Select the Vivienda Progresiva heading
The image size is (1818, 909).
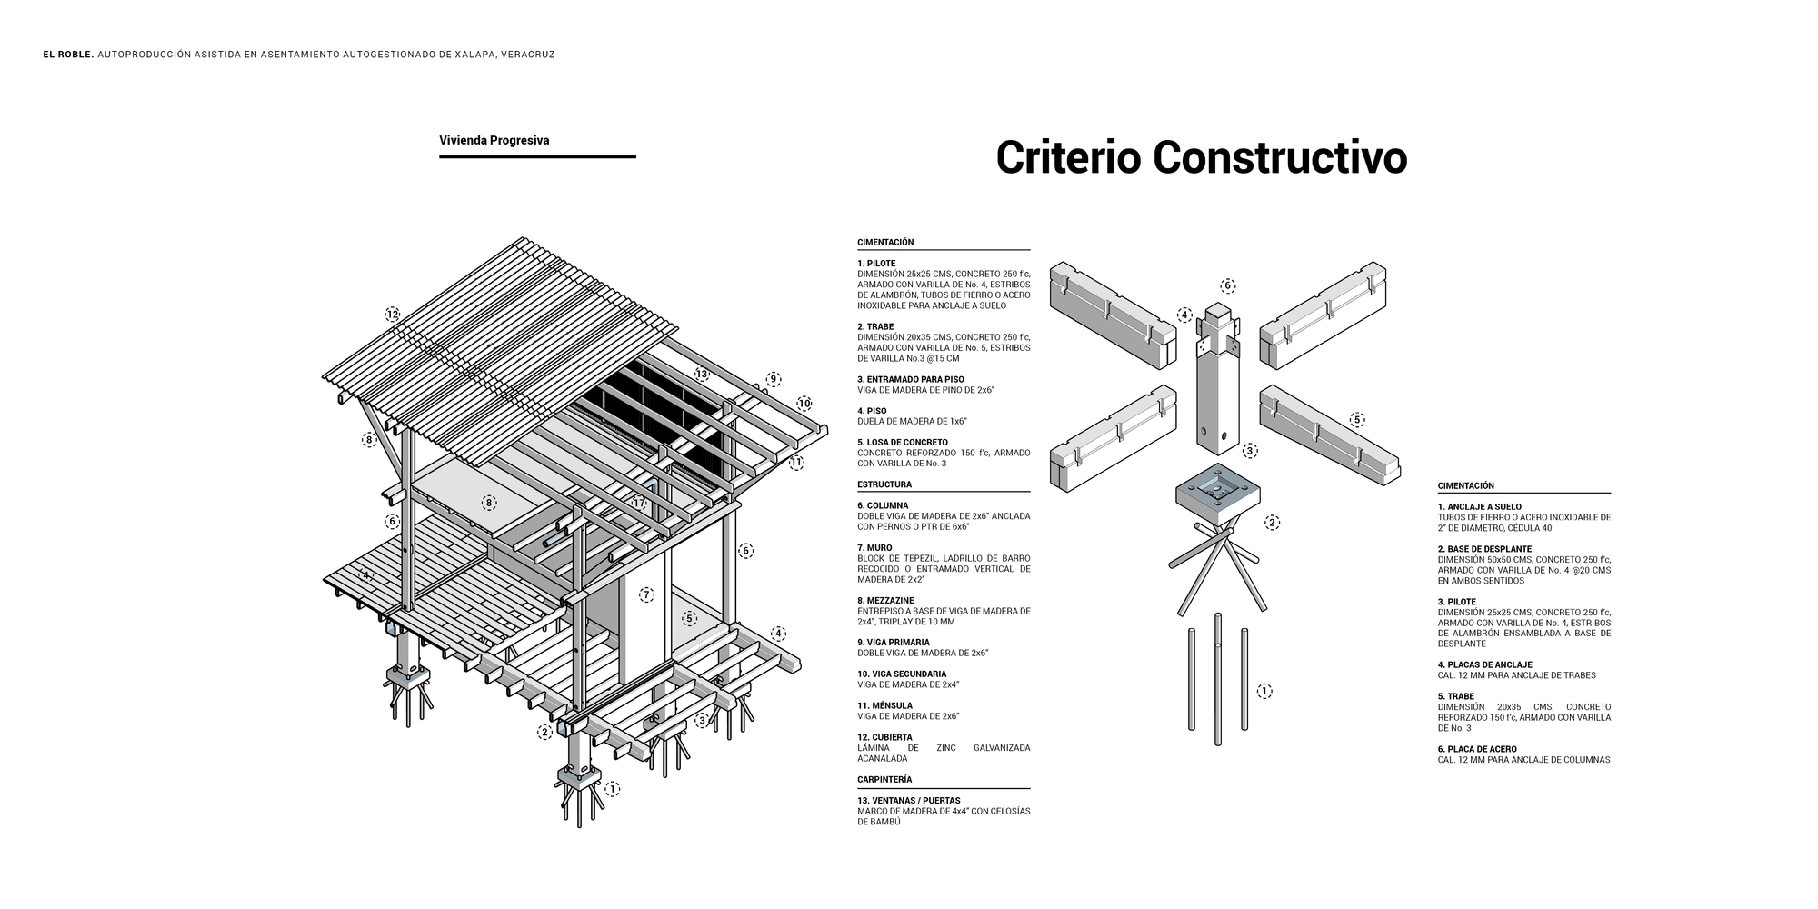coord(494,141)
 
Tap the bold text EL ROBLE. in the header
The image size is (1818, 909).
coord(68,55)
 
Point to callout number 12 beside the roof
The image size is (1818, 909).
coord(392,315)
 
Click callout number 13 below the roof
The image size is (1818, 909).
coord(702,374)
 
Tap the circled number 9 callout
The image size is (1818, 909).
coord(773,379)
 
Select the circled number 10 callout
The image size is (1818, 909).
coord(804,404)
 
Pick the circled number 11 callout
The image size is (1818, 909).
coord(796,463)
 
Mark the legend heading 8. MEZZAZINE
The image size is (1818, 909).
coord(885,601)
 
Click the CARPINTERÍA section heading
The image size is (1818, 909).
coord(884,780)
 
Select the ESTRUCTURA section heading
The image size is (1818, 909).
coord(884,484)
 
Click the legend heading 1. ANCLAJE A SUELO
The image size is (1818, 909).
coord(1480,507)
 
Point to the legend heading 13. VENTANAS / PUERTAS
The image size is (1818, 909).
coord(909,801)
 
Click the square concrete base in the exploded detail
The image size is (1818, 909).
coord(1218,494)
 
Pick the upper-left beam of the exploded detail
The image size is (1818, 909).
coord(1113,315)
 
